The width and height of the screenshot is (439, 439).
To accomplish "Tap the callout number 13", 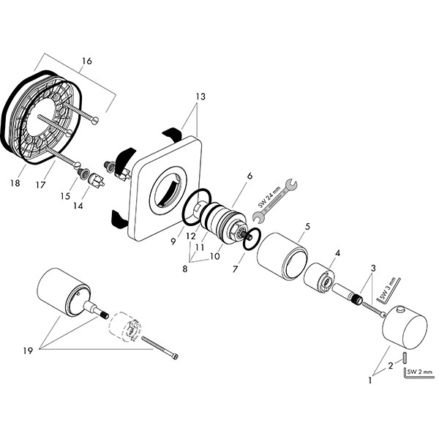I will (200, 97).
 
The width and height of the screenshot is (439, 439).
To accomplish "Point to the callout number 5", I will (307, 227).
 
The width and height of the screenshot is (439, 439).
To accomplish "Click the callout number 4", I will (337, 253).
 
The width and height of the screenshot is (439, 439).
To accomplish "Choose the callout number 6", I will (249, 176).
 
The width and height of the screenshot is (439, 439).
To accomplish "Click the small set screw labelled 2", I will (401, 357).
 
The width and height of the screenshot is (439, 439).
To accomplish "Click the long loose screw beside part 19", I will (158, 348).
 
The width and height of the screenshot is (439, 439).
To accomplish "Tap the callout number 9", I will (173, 241).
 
